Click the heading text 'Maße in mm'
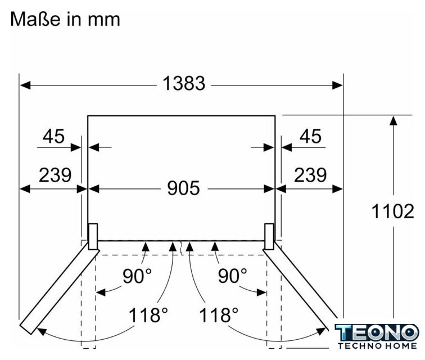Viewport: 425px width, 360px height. pos(65,19)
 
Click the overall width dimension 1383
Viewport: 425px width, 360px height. pos(184,83)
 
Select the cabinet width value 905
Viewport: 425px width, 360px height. pos(183,188)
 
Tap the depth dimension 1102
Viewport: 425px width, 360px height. pos(393,211)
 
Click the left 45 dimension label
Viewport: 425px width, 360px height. pos(53,136)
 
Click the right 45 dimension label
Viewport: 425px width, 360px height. pos(310,136)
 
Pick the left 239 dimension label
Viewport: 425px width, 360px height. pos(55,175)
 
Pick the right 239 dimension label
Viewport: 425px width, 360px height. pos(310,175)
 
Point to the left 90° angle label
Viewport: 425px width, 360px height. pos(137,276)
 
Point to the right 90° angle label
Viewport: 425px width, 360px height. pos(233,276)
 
